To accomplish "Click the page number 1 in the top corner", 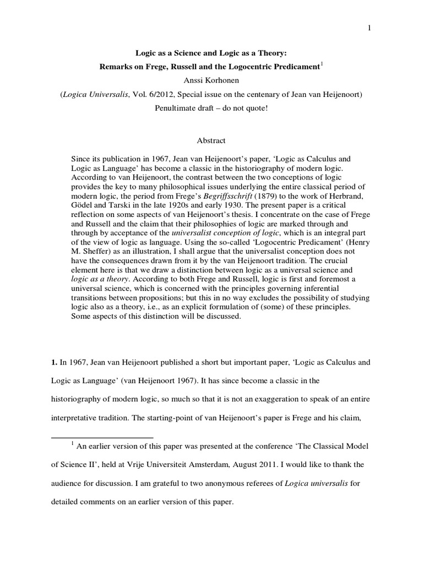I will pyautogui.click(x=370, y=29).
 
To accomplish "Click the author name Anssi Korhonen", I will pyautogui.click(x=211, y=80).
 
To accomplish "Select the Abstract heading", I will pyautogui.click(x=211, y=140).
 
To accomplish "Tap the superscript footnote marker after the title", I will pyautogui.click(x=322, y=64).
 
